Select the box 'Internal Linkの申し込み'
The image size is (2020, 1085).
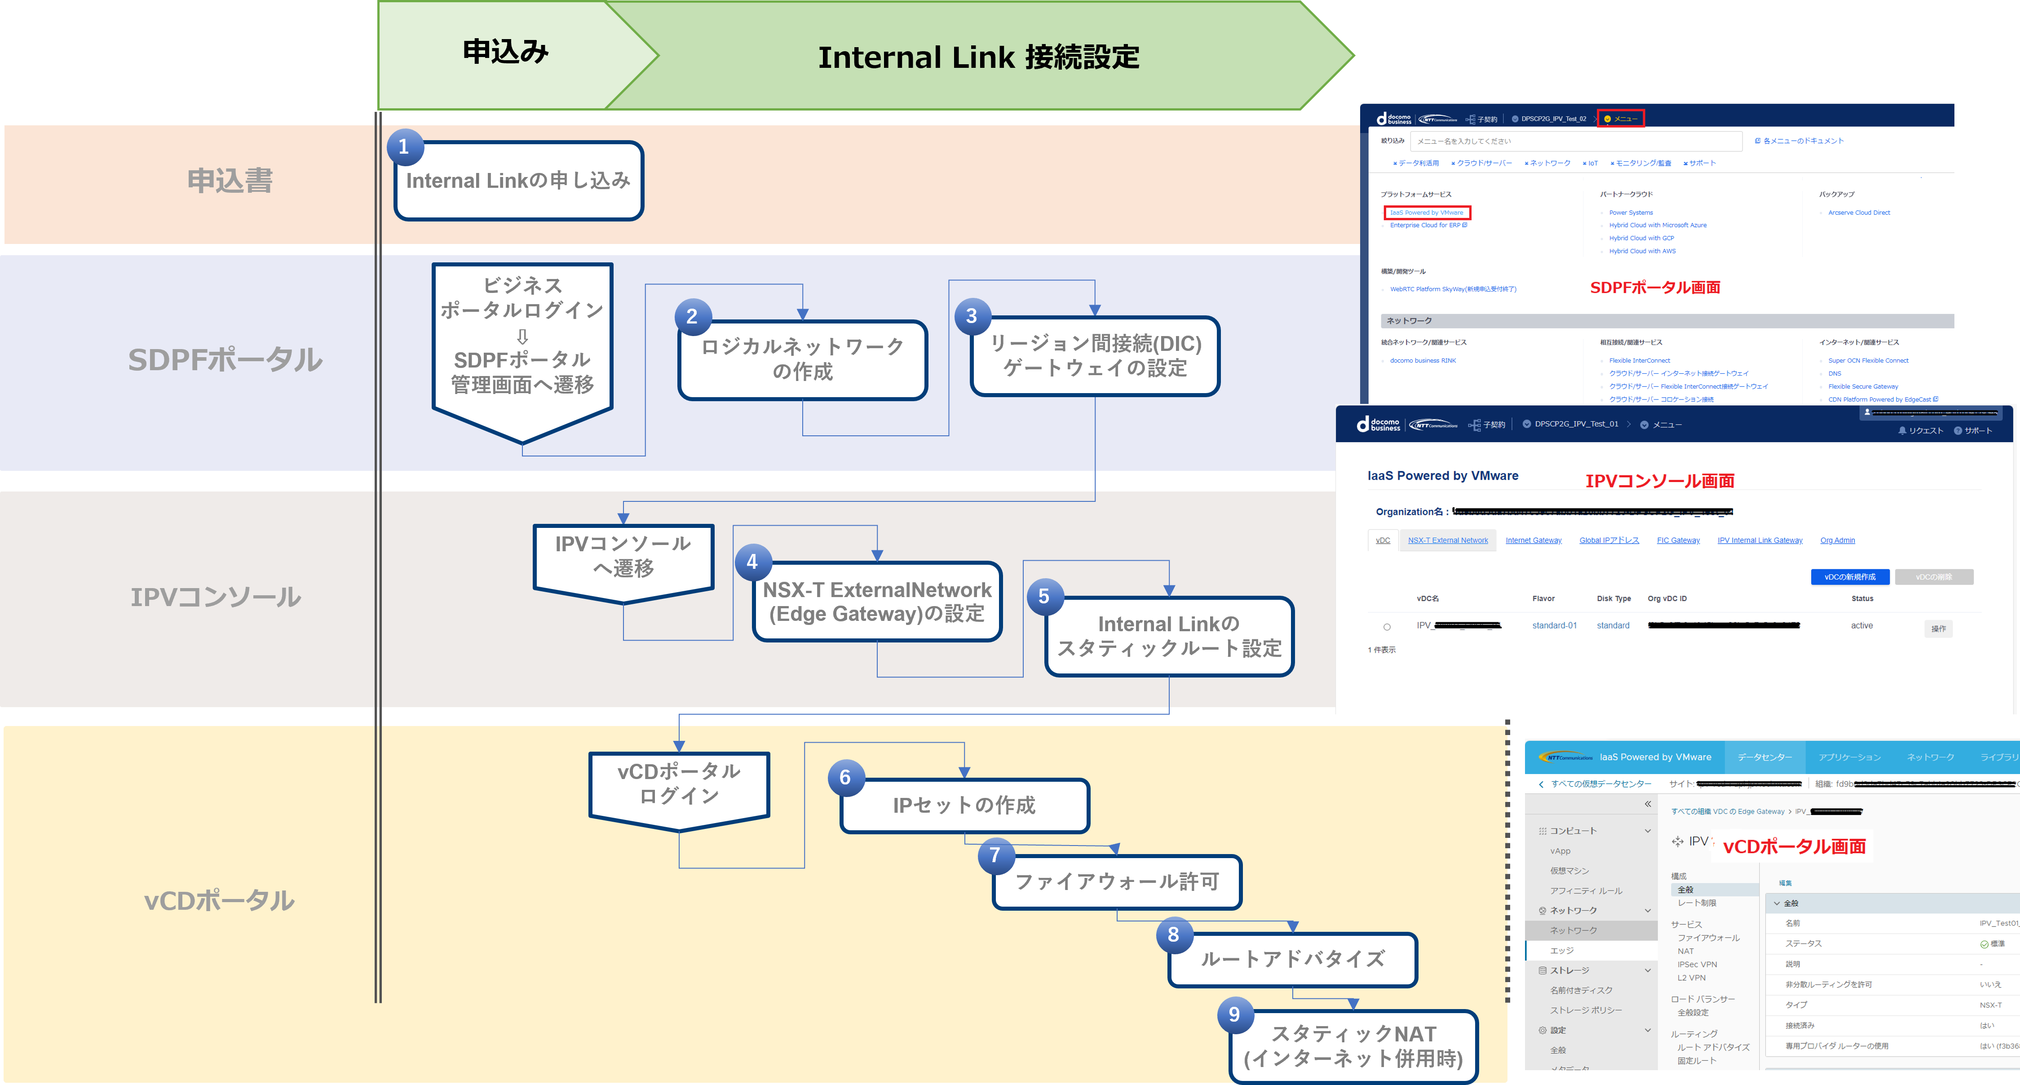pos(518,181)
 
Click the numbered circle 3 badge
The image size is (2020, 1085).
pos(972,316)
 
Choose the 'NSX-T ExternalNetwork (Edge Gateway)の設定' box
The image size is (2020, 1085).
pos(877,602)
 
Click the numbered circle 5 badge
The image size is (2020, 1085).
pos(1044,596)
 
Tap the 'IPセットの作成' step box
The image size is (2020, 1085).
pos(964,806)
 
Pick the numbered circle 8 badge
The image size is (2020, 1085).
pos(1173,934)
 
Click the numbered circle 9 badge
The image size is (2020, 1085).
pos(1234,1014)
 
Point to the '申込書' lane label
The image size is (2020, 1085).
pos(230,181)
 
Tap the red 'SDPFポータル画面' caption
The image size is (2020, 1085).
pos(1654,288)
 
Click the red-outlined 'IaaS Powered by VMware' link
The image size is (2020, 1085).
pos(1427,213)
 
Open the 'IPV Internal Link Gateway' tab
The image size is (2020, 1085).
pos(1759,540)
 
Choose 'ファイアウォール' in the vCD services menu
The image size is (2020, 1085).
pos(1708,938)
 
